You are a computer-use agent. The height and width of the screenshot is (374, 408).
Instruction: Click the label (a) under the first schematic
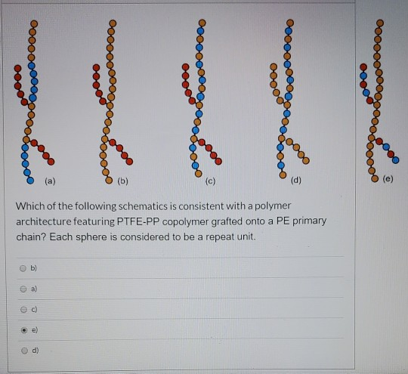(50, 181)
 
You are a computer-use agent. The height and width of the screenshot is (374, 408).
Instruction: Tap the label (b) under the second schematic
(124, 181)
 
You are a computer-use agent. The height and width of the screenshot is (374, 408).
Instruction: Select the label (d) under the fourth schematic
(295, 181)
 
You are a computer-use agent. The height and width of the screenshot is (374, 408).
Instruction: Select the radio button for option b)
(25, 267)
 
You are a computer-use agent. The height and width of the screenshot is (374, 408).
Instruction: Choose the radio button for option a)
(25, 288)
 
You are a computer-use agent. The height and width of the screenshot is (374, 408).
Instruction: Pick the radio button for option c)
(25, 308)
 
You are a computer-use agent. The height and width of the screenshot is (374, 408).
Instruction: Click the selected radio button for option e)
(25, 329)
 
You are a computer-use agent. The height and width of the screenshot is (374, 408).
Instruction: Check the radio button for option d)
(25, 351)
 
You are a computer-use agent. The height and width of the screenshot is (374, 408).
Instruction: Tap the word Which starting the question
(27, 206)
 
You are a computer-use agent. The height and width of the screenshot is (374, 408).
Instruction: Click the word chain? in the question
(31, 236)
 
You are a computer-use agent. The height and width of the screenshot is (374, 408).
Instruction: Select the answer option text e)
(37, 329)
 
